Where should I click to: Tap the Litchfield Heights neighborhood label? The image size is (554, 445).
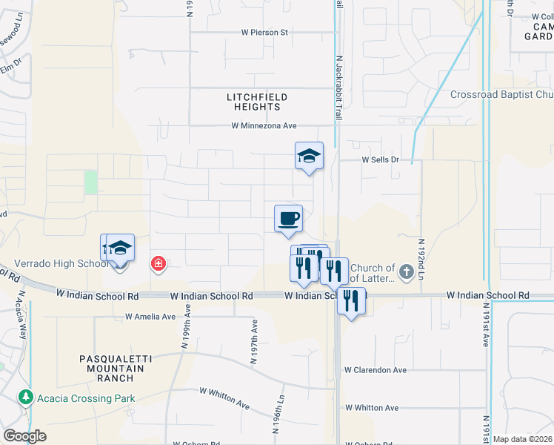coord(256,102)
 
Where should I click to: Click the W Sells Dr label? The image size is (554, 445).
coord(380,159)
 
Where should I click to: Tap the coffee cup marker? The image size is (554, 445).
coord(289,219)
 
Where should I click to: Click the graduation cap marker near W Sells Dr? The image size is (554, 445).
coord(310,156)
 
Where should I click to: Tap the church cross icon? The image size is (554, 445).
coord(406,272)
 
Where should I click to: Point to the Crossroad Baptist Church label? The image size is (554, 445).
coord(502,95)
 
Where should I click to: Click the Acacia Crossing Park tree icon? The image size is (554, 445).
coord(26,398)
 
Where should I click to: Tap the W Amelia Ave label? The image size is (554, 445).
coord(150,317)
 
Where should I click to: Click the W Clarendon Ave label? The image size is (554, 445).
coord(376,370)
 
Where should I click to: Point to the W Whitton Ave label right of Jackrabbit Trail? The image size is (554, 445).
coord(372,408)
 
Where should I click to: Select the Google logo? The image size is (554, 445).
coord(24,436)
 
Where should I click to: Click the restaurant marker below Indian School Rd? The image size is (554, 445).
coord(351,301)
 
